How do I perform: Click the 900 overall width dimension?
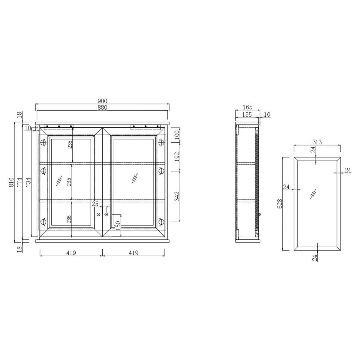(102, 101)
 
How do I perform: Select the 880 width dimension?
(102, 108)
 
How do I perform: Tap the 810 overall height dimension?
(11, 182)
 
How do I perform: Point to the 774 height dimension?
(19, 182)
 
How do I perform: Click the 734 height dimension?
(28, 182)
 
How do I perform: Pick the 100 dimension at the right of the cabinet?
(177, 135)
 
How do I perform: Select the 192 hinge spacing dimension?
(177, 157)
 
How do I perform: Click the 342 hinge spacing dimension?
(177, 196)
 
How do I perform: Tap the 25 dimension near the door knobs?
(95, 204)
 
